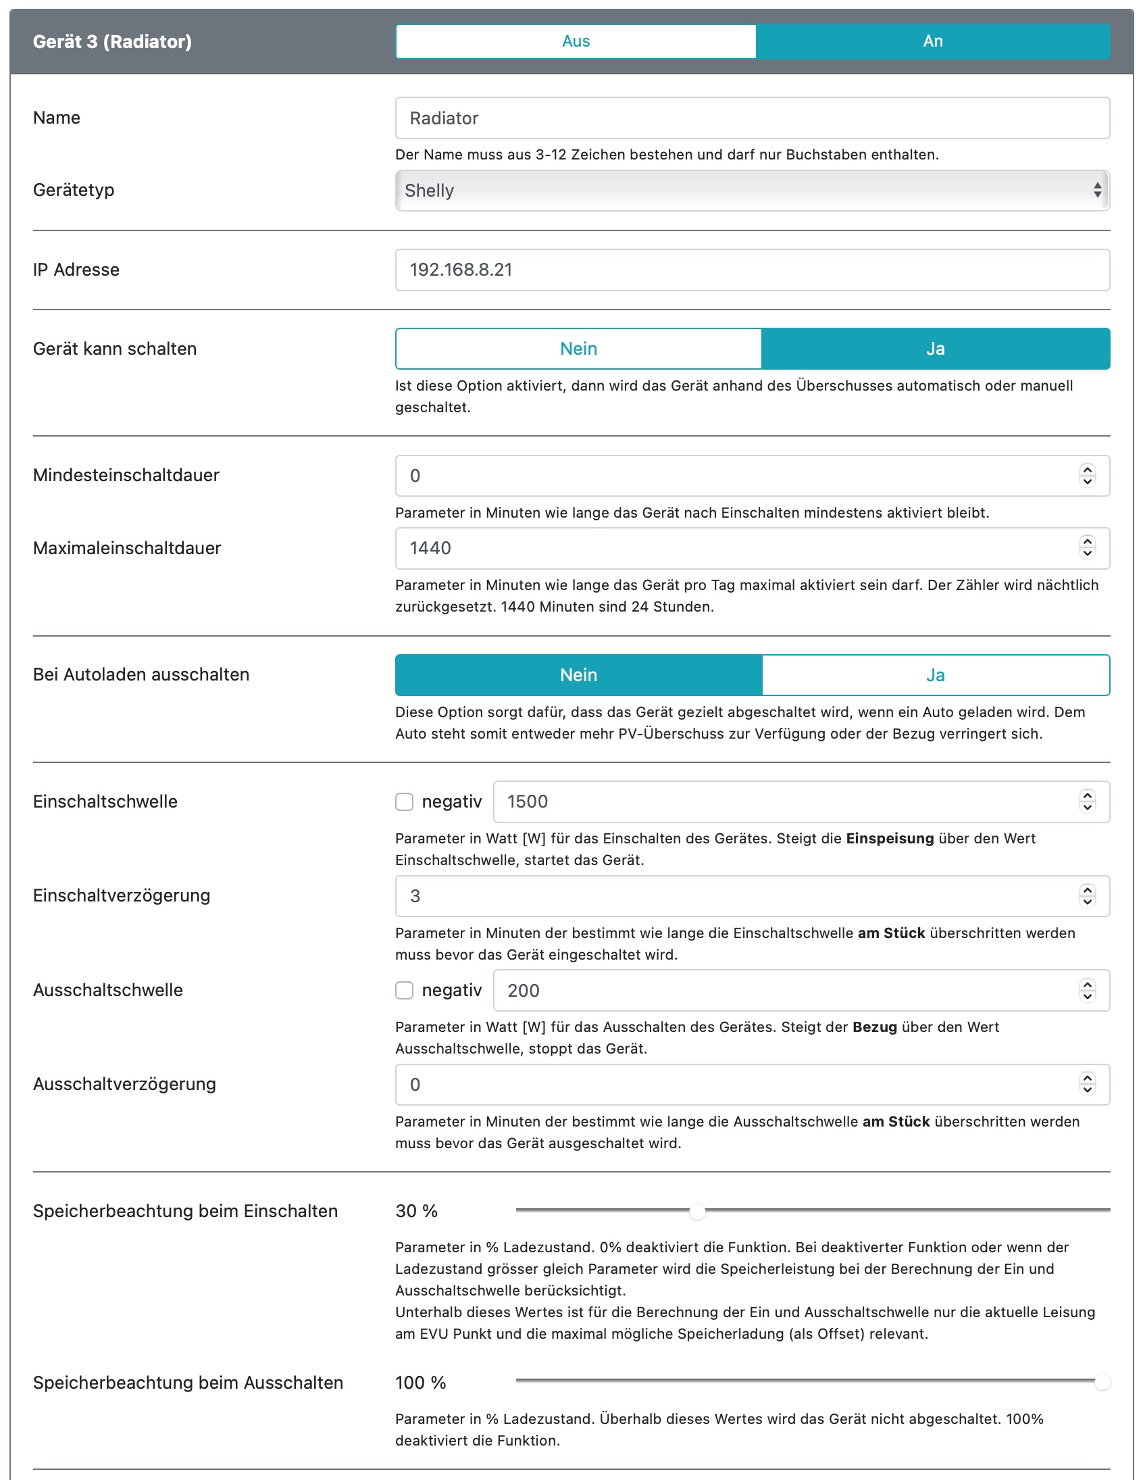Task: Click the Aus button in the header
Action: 576,41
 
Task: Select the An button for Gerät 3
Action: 932,41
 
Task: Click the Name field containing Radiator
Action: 751,118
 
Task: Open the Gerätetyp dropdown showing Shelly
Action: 751,191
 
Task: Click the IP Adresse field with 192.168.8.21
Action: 751,270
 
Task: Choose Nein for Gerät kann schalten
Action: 578,349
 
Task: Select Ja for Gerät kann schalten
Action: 935,349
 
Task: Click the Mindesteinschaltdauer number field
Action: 738,476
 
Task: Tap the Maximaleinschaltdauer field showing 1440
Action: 738,548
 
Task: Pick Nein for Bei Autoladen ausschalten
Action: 578,675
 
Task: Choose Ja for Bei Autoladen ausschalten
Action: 935,675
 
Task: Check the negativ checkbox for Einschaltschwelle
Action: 405,801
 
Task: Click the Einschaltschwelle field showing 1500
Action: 786,801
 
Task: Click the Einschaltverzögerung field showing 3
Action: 738,896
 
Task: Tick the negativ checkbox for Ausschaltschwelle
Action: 405,991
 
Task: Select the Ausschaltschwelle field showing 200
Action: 786,991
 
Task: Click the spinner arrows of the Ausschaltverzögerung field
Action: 1087,1084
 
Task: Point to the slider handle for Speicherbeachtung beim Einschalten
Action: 697,1212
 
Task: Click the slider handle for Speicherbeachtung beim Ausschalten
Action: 1102,1383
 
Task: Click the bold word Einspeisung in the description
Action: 890,838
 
